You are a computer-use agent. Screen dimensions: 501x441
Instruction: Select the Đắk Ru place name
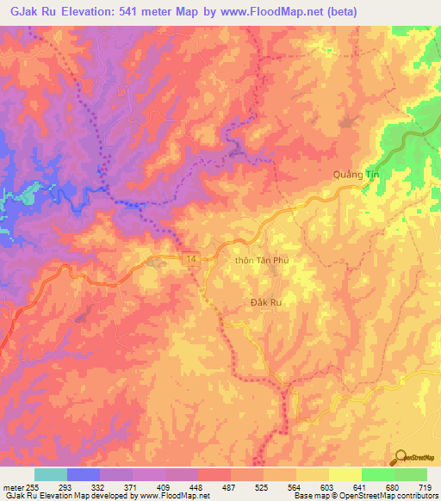266,302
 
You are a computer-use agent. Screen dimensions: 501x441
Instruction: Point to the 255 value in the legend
35,487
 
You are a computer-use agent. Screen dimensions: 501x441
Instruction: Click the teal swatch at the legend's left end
51,474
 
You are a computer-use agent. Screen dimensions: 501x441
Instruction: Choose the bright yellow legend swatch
345,474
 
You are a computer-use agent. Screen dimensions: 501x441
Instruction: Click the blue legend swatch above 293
84,474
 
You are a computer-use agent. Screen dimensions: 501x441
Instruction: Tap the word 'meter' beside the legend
14,487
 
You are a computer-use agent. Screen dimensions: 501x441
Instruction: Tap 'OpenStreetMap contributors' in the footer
388,497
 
